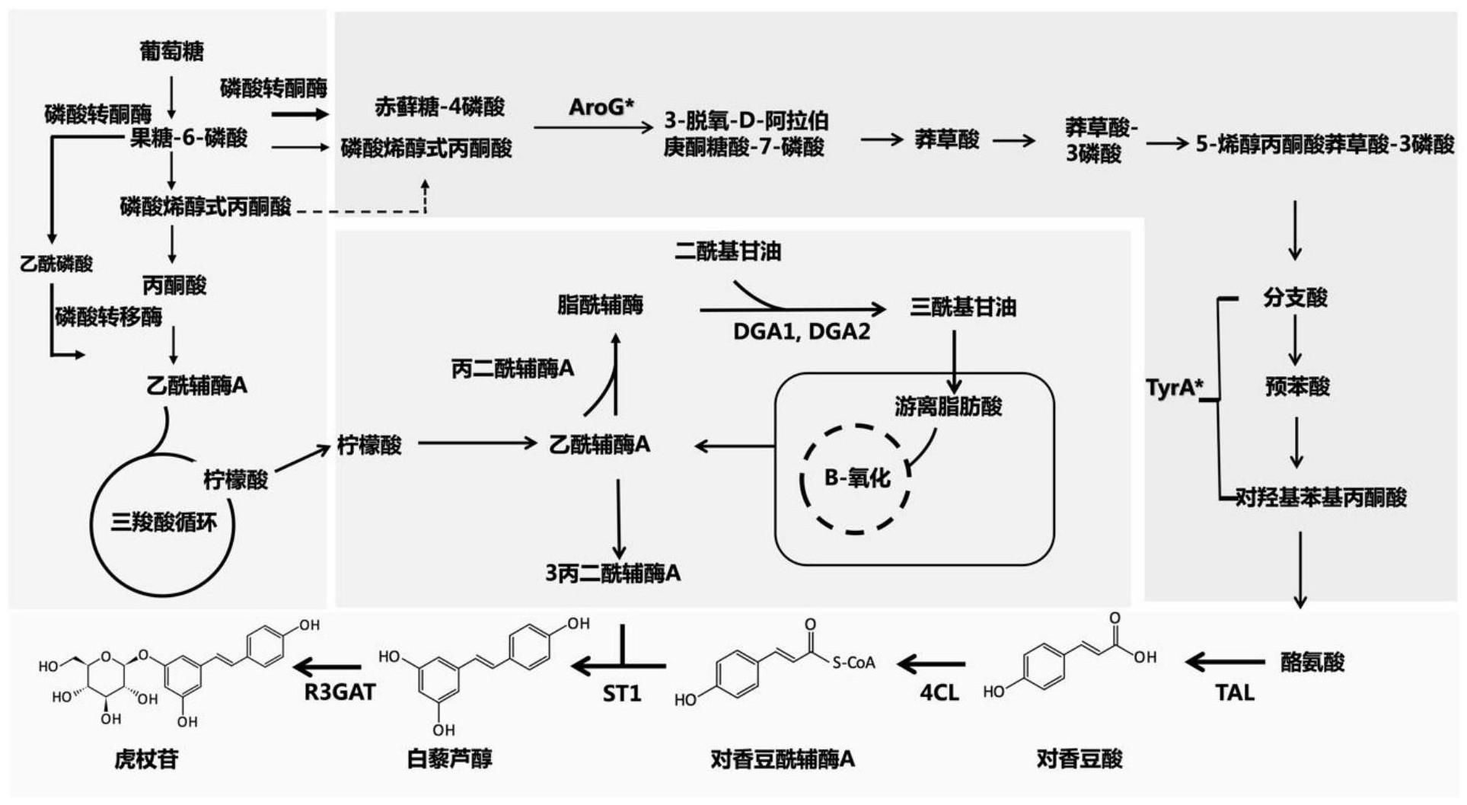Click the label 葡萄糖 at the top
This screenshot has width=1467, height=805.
[x=171, y=51]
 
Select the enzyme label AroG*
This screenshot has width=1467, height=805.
[x=601, y=107]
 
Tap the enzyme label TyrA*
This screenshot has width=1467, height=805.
[x=1174, y=388]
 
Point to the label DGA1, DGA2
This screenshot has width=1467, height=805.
[x=801, y=332]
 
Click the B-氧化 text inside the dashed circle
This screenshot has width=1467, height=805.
[x=857, y=478]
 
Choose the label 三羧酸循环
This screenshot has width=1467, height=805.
[x=164, y=522]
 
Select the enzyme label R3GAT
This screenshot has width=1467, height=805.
[x=340, y=692]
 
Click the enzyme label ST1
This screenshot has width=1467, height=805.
[x=622, y=694]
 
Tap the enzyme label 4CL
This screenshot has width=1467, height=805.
[x=939, y=692]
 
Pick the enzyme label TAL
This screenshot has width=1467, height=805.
[x=1234, y=692]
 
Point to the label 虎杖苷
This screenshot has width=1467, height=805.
[x=146, y=759]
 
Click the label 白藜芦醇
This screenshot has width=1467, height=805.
[x=449, y=759]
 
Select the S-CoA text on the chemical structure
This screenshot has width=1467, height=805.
[x=853, y=663]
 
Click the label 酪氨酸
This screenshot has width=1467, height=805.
[x=1312, y=662]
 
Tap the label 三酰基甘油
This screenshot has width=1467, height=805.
[x=963, y=307]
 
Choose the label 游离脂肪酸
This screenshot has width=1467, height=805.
[x=948, y=407]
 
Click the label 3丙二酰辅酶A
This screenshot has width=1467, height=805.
[x=613, y=573]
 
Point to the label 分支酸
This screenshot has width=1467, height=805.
[x=1295, y=298]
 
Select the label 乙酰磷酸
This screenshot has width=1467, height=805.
[x=56, y=264]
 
